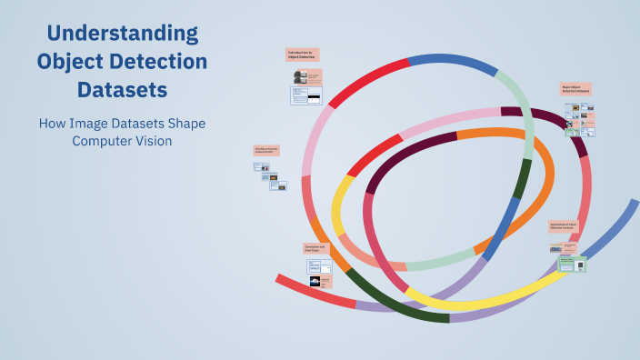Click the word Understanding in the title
click(x=122, y=35)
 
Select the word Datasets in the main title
click(x=122, y=91)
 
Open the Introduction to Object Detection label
click(x=302, y=55)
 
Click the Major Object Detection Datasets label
click(x=575, y=89)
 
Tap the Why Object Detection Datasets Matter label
click(x=265, y=150)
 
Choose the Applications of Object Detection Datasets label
click(x=563, y=225)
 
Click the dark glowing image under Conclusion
click(x=315, y=282)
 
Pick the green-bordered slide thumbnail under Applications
click(x=572, y=265)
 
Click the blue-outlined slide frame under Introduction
click(x=306, y=95)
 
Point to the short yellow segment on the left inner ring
click(x=341, y=205)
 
